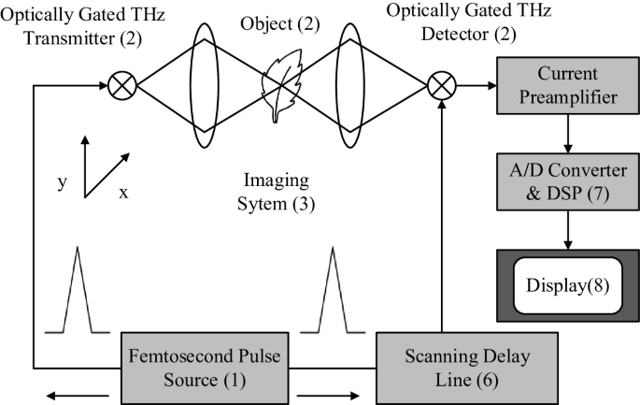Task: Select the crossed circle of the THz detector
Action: (440, 87)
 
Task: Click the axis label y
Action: (62, 181)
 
